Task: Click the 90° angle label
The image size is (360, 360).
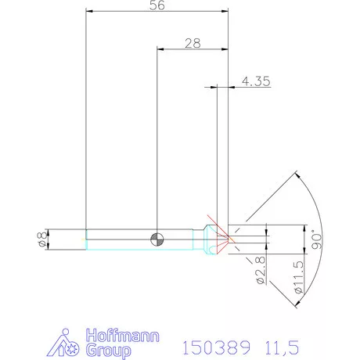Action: (317, 237)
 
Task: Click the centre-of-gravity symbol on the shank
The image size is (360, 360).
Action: (157, 238)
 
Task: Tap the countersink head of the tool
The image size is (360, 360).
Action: (209, 238)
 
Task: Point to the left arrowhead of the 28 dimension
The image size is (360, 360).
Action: (161, 49)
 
